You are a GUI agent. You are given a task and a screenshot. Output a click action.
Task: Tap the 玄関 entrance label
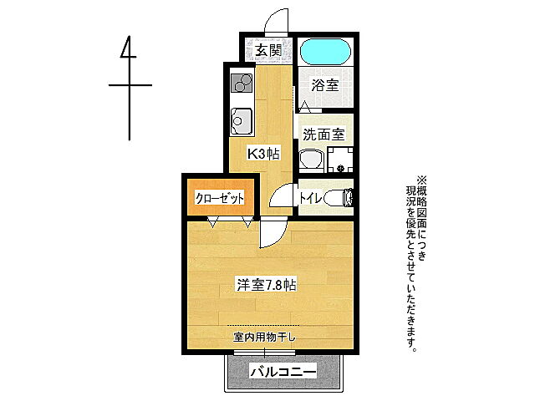coord(267,50)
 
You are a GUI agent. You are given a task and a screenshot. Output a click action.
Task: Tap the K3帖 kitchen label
coord(262,154)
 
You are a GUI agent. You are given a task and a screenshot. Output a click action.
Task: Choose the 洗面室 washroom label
coord(323,134)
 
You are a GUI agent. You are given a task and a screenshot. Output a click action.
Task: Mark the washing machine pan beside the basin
coord(339,159)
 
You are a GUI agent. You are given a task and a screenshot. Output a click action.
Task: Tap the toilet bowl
coord(339,198)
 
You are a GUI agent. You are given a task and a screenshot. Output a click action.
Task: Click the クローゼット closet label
coord(219,199)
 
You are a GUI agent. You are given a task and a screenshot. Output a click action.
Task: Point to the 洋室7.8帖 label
coord(266,285)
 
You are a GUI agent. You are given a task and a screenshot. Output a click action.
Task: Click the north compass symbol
coord(129,84)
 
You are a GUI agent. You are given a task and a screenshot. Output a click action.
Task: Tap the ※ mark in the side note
coord(421,178)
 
